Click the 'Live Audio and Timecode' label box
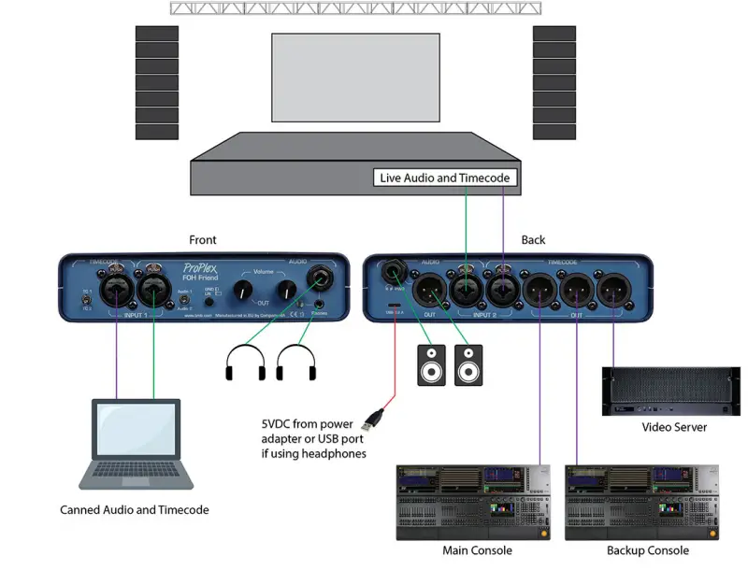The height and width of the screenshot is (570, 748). tap(445, 178)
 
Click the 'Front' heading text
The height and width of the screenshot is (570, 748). tap(203, 240)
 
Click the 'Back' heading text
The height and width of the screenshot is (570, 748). tap(533, 240)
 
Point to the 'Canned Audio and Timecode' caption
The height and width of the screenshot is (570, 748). tap(134, 510)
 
